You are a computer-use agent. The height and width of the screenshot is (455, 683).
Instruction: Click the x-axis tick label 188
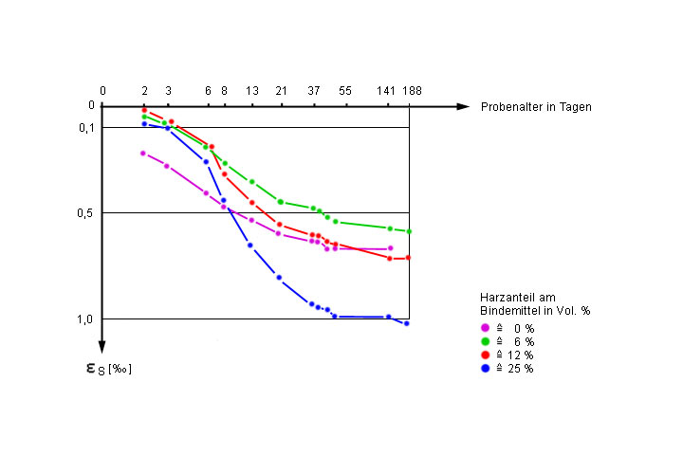coord(412,91)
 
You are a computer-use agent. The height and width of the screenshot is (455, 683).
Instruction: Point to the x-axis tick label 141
coord(386,91)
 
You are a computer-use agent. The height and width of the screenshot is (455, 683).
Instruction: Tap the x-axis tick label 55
coord(344,91)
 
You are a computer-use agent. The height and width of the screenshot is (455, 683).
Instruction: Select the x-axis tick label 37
coord(314,91)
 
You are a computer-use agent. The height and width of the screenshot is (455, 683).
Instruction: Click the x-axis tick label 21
coord(281,91)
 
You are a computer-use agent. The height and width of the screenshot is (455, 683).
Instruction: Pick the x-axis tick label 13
coord(252,91)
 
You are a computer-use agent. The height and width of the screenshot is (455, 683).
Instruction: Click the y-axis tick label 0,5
coord(85,212)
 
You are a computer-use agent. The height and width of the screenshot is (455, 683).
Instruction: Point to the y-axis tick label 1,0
coord(85,319)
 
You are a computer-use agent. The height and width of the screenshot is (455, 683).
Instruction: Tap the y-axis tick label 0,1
coord(85,128)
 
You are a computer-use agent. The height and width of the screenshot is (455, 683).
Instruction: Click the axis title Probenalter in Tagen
coord(536,107)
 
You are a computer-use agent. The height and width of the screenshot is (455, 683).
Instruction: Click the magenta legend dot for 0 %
coord(486,328)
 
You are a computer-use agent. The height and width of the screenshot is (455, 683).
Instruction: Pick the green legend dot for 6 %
coord(486,341)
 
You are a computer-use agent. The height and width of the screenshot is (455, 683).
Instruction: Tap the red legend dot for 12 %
coord(486,355)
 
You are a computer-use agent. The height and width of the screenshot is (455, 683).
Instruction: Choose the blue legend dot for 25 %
coord(486,368)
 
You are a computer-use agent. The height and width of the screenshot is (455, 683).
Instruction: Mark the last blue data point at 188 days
coord(407,323)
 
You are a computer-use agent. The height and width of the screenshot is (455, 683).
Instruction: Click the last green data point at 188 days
coord(409,231)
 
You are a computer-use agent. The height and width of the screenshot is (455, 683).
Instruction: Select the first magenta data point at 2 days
coord(143,153)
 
